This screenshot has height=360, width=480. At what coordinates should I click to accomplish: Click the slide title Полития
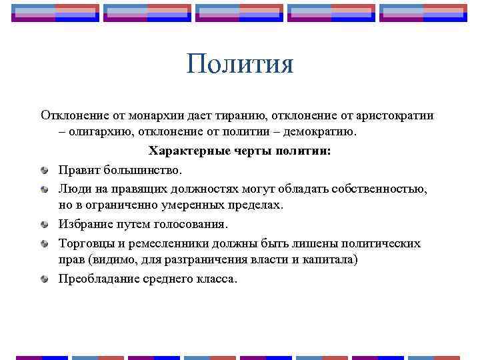tap(240, 65)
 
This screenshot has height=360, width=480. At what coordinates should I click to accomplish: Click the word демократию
tap(323, 132)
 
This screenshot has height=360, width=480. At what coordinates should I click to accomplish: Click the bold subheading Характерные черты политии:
tap(239, 151)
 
